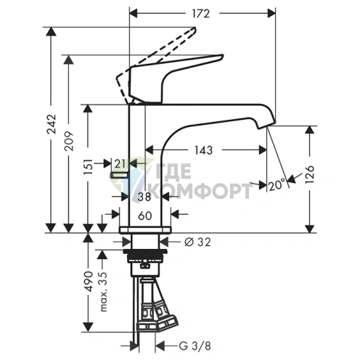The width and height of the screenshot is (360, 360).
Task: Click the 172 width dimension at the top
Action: [201, 14]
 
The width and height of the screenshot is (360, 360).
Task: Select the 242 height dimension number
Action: [52, 124]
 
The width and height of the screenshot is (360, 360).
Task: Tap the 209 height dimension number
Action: [69, 141]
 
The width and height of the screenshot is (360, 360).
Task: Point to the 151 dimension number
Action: [88, 167]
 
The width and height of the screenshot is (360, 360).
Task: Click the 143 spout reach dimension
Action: [203, 150]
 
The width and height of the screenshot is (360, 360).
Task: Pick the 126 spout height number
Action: [310, 175]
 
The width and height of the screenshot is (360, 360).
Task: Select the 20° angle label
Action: [277, 185]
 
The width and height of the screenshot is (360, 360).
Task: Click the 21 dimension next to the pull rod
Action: [120, 164]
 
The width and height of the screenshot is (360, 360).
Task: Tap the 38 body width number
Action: [144, 197]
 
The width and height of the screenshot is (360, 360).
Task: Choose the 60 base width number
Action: [145, 216]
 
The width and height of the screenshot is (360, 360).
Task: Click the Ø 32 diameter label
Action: [197, 242]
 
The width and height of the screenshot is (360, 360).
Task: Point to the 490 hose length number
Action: [89, 282]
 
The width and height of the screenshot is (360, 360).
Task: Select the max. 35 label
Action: [104, 292]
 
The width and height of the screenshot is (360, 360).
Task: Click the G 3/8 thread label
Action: [195, 345]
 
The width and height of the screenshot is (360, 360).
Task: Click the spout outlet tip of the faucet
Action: [266, 125]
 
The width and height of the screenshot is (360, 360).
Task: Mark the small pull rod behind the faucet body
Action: [119, 175]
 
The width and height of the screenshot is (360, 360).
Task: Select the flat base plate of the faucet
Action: [145, 230]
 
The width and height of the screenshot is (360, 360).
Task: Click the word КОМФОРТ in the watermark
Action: [202, 190]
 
